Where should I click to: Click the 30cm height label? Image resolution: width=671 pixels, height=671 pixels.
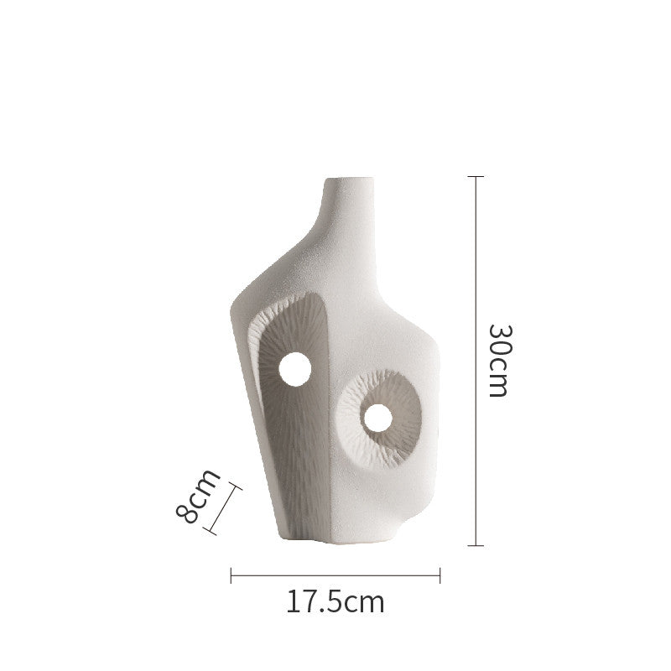tap(500, 361)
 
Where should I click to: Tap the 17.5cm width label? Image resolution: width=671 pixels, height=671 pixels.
tap(335, 601)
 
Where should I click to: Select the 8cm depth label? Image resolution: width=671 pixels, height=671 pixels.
tap(198, 497)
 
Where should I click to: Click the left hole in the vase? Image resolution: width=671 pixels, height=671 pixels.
tap(295, 369)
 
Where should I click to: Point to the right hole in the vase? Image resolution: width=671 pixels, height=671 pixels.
tap(378, 418)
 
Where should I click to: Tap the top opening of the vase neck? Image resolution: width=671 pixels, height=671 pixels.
tap(349, 179)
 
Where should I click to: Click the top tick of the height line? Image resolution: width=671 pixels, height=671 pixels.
tap(476, 176)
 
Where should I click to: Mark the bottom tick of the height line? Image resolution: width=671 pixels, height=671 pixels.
tap(476, 546)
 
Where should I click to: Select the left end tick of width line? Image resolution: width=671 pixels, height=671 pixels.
tap(231, 575)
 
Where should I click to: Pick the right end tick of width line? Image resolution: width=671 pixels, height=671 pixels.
tap(440, 575)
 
